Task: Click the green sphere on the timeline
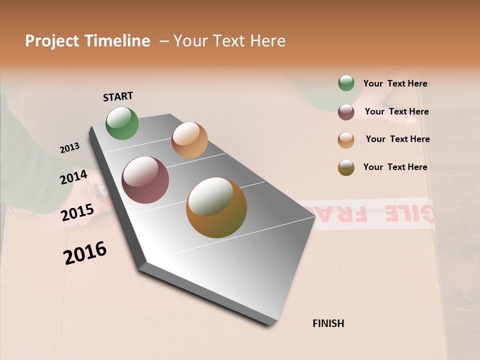click(x=122, y=123)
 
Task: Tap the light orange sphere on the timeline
click(x=189, y=139)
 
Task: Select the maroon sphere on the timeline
click(x=145, y=180)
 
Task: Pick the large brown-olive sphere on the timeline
click(x=216, y=207)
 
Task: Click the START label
click(x=118, y=96)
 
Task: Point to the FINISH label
click(x=328, y=323)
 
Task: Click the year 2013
click(x=70, y=148)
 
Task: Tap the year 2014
click(x=73, y=177)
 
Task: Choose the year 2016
click(x=85, y=253)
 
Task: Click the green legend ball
click(x=346, y=83)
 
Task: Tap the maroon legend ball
click(x=346, y=112)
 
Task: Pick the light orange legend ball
click(x=346, y=140)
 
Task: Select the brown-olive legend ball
click(x=346, y=167)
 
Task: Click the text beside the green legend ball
click(x=395, y=84)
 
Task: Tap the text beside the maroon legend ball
click(x=396, y=112)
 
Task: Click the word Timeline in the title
click(x=117, y=41)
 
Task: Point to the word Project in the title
click(x=52, y=41)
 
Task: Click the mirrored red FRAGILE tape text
click(x=380, y=213)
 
